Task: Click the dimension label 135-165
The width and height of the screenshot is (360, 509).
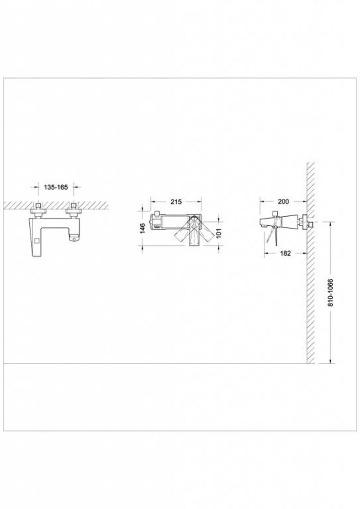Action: point(56,187)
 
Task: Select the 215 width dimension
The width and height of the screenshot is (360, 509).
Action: point(176,201)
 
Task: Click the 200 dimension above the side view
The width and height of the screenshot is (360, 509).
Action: point(283,201)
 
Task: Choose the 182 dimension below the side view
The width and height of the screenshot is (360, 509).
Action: point(285,253)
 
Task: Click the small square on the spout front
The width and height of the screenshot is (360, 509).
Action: point(36,241)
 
